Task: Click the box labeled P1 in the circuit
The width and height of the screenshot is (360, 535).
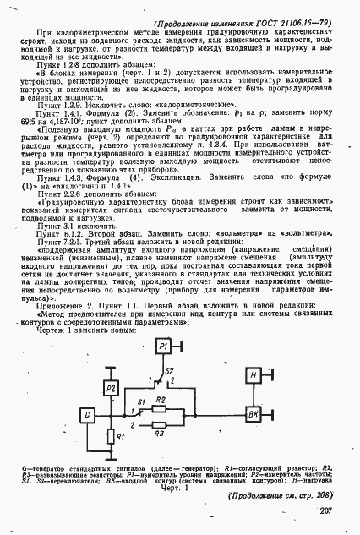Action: click(x=165, y=347)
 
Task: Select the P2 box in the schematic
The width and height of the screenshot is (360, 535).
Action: click(x=111, y=387)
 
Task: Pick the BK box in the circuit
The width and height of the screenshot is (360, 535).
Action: click(x=253, y=412)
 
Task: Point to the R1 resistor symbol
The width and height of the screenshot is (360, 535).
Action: click(x=111, y=436)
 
